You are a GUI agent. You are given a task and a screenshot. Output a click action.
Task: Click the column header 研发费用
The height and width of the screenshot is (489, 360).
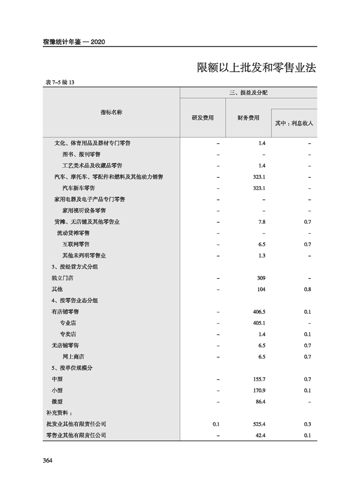point(202,118)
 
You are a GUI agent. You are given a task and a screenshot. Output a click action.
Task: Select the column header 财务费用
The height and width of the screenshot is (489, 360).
point(248,118)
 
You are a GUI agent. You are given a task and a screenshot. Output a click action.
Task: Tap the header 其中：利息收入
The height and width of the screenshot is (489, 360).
point(294,123)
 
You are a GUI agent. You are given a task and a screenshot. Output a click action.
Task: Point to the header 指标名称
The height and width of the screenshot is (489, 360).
point(111,112)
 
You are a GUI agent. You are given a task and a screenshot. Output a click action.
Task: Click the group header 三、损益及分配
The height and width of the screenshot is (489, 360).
point(248,93)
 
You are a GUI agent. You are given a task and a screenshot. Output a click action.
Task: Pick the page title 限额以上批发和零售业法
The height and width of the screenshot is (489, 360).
point(256,68)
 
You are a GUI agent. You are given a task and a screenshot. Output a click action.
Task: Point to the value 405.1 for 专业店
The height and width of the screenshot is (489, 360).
point(259,323)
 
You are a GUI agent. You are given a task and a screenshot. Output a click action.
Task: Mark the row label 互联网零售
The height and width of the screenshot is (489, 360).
point(76,244)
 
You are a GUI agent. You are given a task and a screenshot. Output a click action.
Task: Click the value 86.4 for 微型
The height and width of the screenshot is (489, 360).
point(261,401)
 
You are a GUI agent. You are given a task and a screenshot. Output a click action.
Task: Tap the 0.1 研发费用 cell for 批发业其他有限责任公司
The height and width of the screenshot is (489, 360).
point(216,424)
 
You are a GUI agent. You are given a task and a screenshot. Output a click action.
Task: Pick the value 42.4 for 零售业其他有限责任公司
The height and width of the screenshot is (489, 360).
point(261,435)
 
